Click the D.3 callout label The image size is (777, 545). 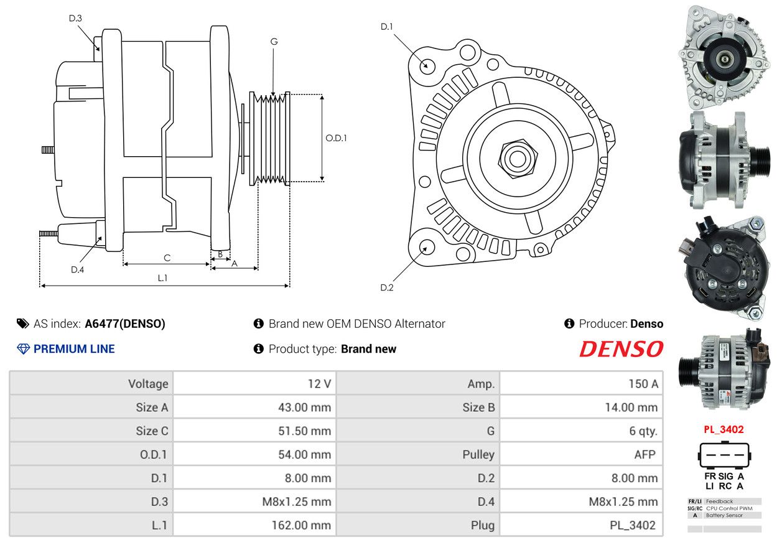point(75,18)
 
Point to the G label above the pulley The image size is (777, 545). point(274,42)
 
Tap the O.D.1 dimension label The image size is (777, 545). point(336,138)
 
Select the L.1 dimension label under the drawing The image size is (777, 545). point(162,278)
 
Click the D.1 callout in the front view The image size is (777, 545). point(387,26)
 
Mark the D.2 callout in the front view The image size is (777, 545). point(387,287)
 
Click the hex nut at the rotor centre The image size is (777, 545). point(518,159)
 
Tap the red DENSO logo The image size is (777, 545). point(621,349)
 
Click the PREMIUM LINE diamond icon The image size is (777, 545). point(23,349)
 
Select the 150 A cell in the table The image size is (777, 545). point(643,384)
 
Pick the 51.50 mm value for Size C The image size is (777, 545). point(305,431)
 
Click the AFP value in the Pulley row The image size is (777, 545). point(645,454)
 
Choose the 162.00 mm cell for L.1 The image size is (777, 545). point(301,525)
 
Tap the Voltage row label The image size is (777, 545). point(148,384)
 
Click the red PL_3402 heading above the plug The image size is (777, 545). point(723,429)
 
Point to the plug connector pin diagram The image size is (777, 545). point(725,455)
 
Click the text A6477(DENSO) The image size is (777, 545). point(125,324)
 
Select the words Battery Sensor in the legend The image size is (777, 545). point(724,515)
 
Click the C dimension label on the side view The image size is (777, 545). point(167,258)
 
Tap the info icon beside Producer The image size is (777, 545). point(569,324)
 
